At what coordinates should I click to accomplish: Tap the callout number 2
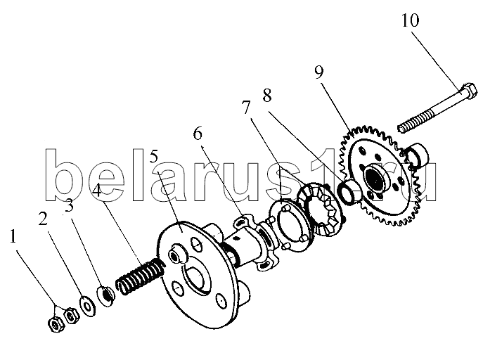44,218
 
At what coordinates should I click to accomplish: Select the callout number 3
70,206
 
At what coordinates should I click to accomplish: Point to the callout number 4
97,191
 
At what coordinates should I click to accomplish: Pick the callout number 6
198,133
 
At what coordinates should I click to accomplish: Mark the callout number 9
319,71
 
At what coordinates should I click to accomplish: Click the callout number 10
411,20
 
